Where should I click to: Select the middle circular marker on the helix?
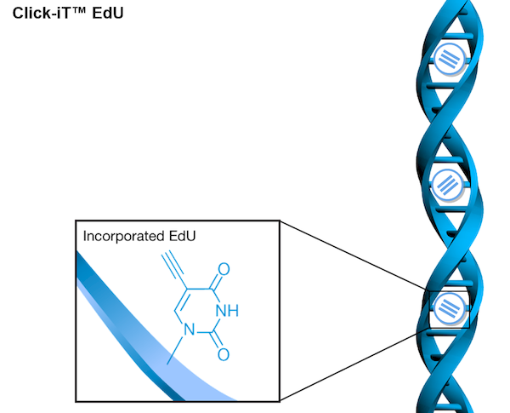(x=447, y=182)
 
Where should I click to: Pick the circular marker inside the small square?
(x=446, y=308)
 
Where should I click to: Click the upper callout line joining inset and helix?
(x=352, y=256)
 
